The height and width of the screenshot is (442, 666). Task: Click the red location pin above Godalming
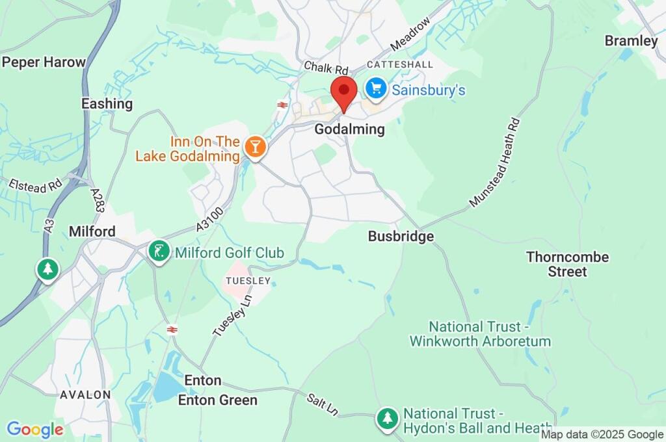point(343,92)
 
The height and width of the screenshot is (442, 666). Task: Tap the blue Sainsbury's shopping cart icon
point(375,89)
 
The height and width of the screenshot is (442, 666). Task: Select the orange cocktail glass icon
point(255,148)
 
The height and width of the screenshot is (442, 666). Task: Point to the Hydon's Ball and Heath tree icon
point(388,419)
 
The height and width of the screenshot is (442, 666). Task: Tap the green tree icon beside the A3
point(47,269)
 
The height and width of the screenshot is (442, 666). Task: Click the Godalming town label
point(349,129)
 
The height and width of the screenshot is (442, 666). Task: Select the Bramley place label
point(631,41)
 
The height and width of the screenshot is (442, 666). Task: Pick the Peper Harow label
point(44,62)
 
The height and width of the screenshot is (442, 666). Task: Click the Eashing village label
point(107,103)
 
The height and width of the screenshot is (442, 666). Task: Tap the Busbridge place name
point(401,237)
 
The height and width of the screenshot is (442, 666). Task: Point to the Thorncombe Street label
point(567,264)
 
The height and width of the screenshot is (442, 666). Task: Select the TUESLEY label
point(246,281)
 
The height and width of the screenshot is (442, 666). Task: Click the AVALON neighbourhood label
point(85,395)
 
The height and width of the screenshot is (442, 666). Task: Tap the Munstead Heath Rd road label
point(495,163)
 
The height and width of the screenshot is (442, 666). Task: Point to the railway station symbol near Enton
point(172,330)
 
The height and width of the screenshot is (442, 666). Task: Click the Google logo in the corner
point(35,430)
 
